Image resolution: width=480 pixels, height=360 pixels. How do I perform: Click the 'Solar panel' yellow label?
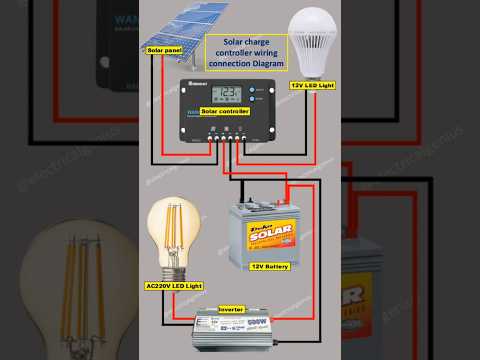click(166, 49)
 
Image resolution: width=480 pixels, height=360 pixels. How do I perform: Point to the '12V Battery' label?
click(271, 267)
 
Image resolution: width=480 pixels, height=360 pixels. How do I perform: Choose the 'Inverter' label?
click(231, 311)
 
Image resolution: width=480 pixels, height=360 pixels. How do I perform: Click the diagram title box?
click(246, 53)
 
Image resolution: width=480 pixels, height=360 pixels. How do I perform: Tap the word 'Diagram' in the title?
click(269, 63)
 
